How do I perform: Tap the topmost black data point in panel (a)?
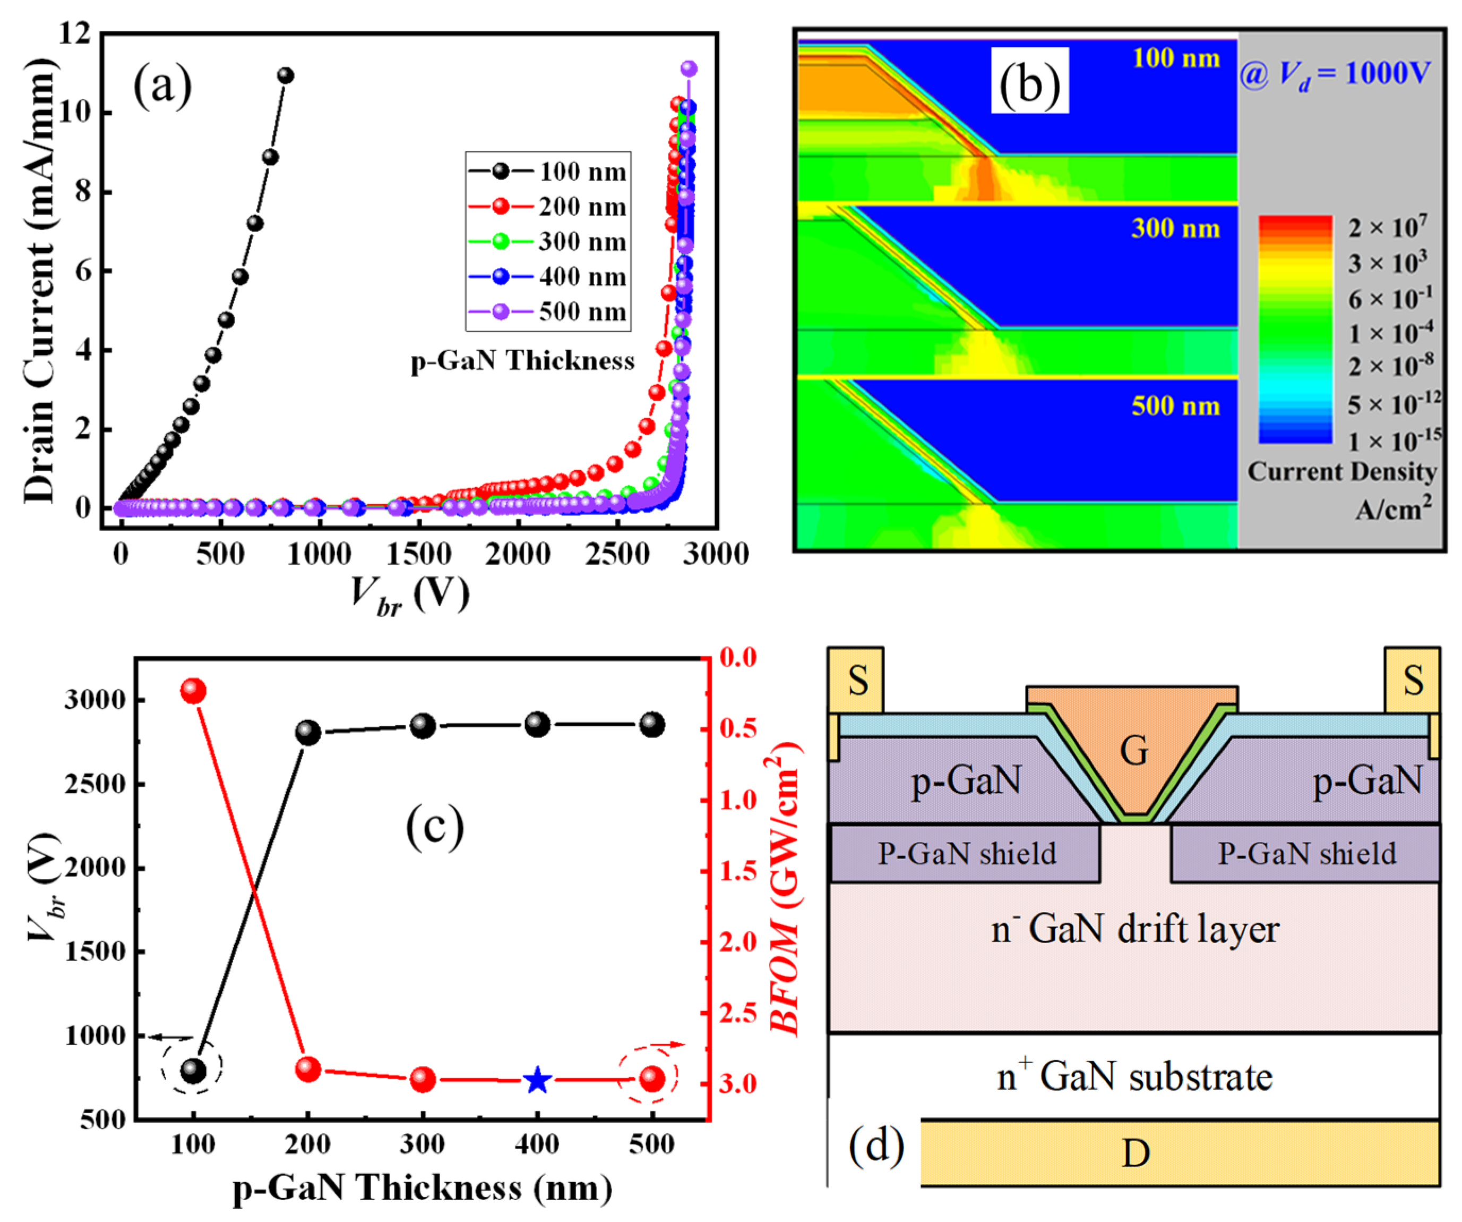click(x=286, y=75)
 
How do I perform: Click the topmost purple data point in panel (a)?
click(x=689, y=69)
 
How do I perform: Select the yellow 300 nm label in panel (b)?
click(x=1175, y=228)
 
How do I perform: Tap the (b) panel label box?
click(x=1029, y=81)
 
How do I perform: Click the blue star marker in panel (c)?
click(x=537, y=1081)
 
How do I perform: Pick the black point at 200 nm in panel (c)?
click(x=308, y=732)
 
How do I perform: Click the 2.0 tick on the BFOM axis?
click(x=738, y=942)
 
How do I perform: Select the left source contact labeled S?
click(x=856, y=681)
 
